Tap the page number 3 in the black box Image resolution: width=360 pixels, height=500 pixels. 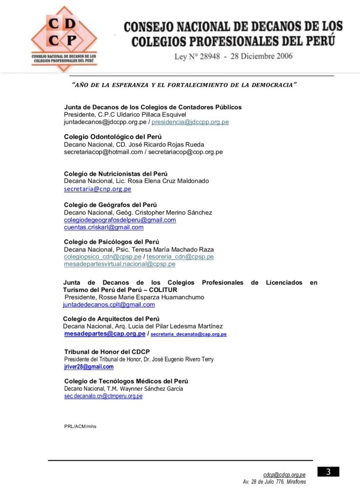tap(328, 472)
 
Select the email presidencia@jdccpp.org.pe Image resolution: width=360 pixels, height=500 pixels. tap(190, 122)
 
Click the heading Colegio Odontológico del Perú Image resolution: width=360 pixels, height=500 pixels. tap(113, 137)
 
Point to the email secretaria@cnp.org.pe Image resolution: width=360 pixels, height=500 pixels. tap(98, 189)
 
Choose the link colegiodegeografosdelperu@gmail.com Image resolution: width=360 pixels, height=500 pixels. tap(120, 220)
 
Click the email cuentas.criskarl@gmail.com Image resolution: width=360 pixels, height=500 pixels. tap(104, 227)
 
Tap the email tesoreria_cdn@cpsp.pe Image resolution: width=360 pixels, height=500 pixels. tap(180, 256)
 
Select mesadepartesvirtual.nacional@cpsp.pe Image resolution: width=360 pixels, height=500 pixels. tap(120, 264)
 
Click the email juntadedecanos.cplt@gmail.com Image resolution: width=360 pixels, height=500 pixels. tap(109, 304)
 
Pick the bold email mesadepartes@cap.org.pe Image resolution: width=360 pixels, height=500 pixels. tap(105, 334)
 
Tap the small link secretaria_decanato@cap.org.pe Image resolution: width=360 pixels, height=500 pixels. tap(189, 334)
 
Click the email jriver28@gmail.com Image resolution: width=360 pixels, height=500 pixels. tap(89, 367)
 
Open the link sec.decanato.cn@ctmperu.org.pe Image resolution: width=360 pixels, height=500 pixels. tap(104, 396)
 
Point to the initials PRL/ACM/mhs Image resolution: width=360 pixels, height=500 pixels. tap(80, 426)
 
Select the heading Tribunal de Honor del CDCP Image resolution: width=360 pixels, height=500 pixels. tap(107, 352)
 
